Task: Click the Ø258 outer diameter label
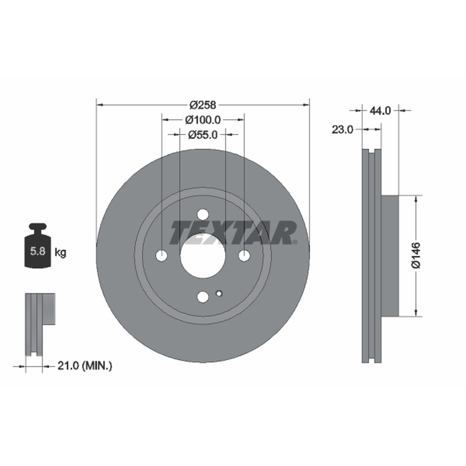(203, 105)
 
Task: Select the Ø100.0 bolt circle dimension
(203, 120)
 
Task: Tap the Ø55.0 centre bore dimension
(203, 135)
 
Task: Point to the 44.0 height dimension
(380, 111)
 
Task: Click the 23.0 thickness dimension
(343, 129)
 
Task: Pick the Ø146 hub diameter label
(416, 255)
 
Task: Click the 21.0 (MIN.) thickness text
(84, 366)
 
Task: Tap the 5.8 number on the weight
(38, 252)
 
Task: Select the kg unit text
(61, 253)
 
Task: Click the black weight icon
(38, 245)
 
